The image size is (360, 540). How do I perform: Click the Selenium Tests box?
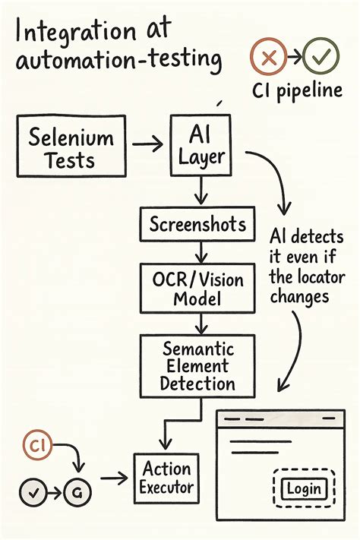pyautogui.click(x=71, y=149)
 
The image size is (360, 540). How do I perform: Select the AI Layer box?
pyautogui.click(x=200, y=145)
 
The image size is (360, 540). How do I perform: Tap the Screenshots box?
pyautogui.click(x=197, y=224)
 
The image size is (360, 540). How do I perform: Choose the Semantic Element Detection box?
pyautogui.click(x=197, y=367)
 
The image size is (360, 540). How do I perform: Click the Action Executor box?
pyautogui.click(x=166, y=477)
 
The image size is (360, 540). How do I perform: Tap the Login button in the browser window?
pyautogui.click(x=302, y=488)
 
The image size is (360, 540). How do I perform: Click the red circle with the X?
pyautogui.click(x=267, y=58)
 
